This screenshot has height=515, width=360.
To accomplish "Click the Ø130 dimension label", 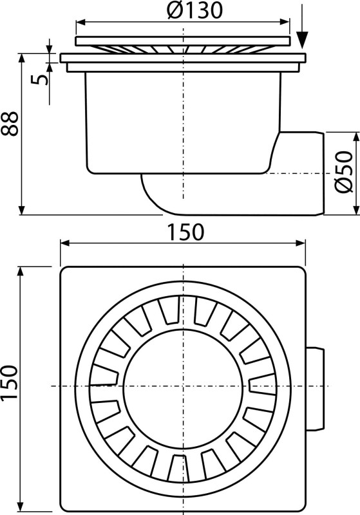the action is pos(194,11).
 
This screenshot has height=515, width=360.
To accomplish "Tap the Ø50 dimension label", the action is pos(344,172).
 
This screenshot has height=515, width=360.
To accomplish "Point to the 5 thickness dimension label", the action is pos(40,79).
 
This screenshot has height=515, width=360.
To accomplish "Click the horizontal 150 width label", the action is pos(186,232).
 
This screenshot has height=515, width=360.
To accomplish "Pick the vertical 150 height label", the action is pos(9,382).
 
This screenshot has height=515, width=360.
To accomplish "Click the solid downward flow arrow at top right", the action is pos(302,30).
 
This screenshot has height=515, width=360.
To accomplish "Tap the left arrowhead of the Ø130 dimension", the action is pos(81,23).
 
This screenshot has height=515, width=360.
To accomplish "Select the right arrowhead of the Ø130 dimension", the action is pos(285,23).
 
